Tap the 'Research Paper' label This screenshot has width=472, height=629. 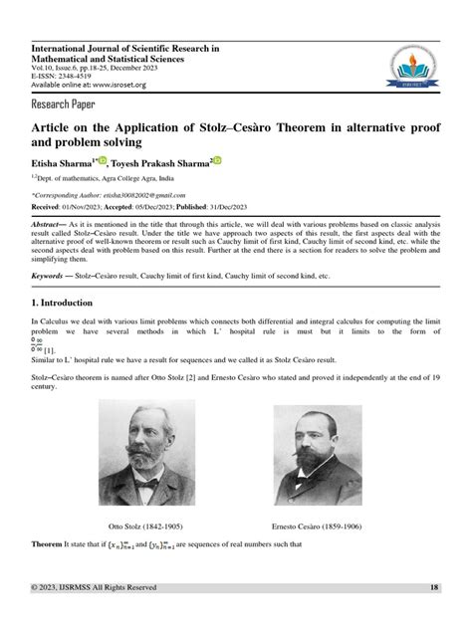(67, 103)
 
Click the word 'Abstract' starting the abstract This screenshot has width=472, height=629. (51, 225)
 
